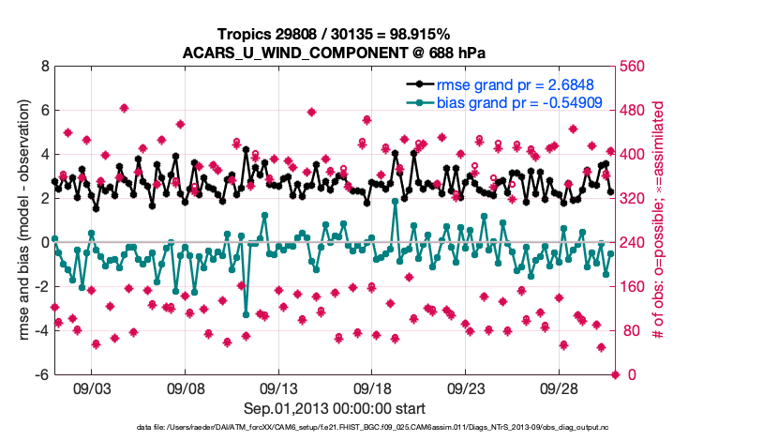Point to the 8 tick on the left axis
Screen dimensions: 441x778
click(x=44, y=67)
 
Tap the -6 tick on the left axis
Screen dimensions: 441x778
click(x=41, y=374)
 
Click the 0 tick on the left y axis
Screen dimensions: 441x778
click(x=44, y=242)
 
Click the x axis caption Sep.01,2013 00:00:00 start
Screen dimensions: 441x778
click(x=333, y=408)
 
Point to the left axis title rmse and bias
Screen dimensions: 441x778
click(x=21, y=220)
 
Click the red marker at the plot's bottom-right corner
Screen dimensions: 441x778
click(x=616, y=374)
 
